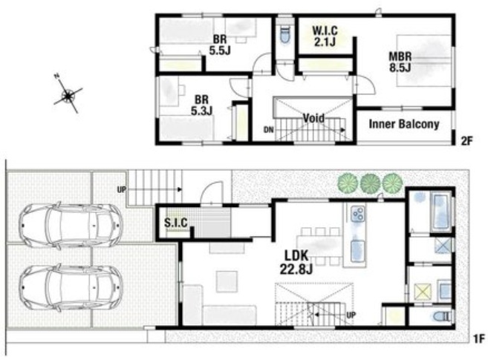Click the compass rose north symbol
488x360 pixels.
click(68, 94)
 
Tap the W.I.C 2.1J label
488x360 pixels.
click(325, 36)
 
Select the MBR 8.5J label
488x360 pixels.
click(400, 62)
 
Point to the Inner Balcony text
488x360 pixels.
click(404, 124)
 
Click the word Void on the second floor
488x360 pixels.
click(313, 118)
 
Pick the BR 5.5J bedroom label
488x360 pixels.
click(220, 45)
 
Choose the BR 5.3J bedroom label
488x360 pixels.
click(201, 105)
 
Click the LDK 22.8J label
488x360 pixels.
click(296, 262)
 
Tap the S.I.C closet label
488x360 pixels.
click(176, 223)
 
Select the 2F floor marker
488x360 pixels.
click(466, 141)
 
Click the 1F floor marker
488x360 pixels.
click(480, 339)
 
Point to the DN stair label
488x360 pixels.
click(269, 130)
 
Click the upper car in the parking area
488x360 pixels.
click(71, 224)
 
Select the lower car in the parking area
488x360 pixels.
click(71, 288)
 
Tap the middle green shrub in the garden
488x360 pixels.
click(371, 183)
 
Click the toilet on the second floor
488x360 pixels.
click(284, 35)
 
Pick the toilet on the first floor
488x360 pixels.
click(442, 317)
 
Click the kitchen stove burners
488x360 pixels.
click(357, 214)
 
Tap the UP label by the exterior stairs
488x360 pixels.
click(122, 189)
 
